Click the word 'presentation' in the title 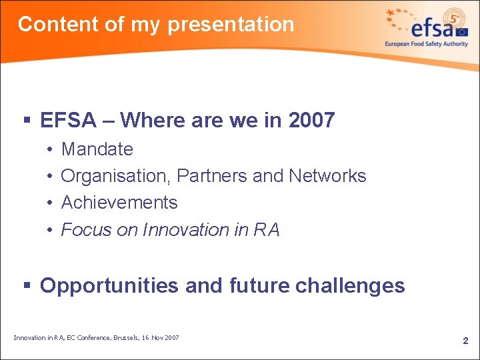[231, 25]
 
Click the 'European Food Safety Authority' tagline [426, 44]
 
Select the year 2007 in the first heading [311, 121]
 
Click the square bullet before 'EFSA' [27, 121]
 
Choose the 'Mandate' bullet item [97, 149]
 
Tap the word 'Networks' [327, 176]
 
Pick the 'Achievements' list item [119, 203]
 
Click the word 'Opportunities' [109, 285]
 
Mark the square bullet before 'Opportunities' [27, 286]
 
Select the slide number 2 [465, 341]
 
